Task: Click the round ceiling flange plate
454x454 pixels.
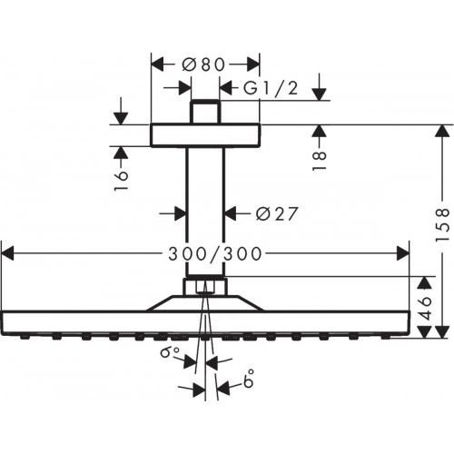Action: (x=205, y=135)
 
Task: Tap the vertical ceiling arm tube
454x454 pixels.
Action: (x=205, y=209)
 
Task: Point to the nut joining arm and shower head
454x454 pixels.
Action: (x=205, y=287)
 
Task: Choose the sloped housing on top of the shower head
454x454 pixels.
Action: (x=205, y=303)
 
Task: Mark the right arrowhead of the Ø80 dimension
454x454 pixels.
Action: (x=255, y=64)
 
